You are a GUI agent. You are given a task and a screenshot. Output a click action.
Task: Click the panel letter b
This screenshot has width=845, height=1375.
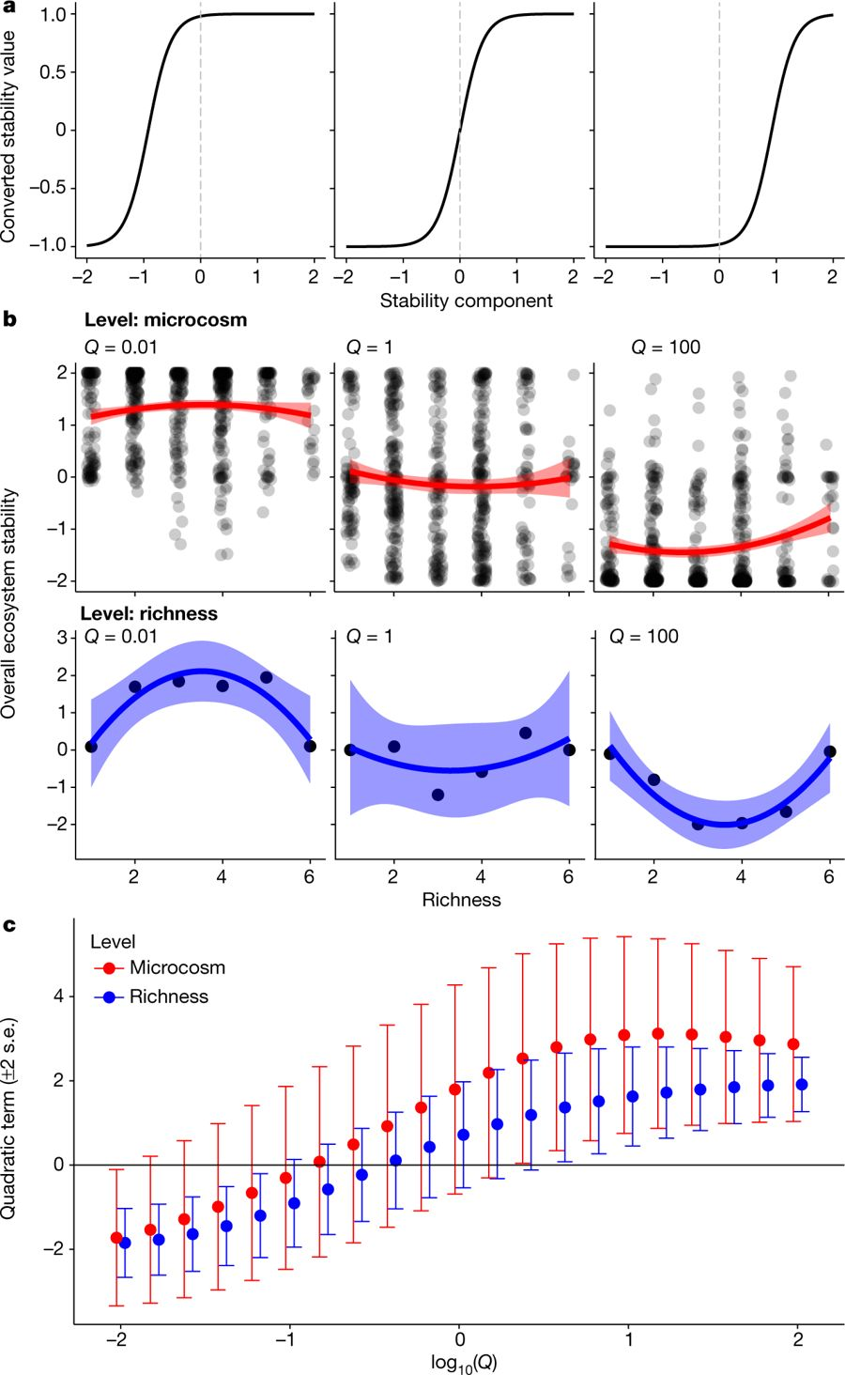click(9, 319)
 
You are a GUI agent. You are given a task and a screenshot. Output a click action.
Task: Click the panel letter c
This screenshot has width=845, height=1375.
click(8, 925)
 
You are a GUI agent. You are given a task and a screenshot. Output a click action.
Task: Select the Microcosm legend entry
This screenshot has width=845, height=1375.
click(177, 967)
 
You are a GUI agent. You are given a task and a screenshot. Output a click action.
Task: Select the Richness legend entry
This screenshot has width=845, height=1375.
click(168, 996)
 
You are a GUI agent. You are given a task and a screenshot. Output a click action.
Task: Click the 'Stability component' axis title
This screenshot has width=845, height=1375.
click(466, 301)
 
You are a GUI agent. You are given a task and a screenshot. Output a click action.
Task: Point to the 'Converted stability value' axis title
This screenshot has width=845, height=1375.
click(9, 136)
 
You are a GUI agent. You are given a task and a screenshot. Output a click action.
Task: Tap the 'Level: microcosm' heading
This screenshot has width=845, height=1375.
click(165, 319)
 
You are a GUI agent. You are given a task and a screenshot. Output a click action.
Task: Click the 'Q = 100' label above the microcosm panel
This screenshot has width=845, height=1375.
click(666, 348)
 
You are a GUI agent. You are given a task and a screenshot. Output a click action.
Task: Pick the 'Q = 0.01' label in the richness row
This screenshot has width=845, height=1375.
click(121, 637)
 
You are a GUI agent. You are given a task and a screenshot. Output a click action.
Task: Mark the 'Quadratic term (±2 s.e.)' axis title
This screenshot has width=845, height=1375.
click(9, 1118)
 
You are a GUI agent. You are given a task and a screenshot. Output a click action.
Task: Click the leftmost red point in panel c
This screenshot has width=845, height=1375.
click(116, 1238)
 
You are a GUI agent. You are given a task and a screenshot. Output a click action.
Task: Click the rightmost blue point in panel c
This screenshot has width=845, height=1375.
click(802, 1085)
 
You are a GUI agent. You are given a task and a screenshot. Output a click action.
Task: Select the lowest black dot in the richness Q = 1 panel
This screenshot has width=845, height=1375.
click(438, 795)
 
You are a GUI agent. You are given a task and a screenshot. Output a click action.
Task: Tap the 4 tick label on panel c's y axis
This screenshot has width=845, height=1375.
click(59, 996)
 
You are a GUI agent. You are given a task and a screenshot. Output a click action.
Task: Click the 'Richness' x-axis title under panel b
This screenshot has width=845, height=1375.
click(461, 900)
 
